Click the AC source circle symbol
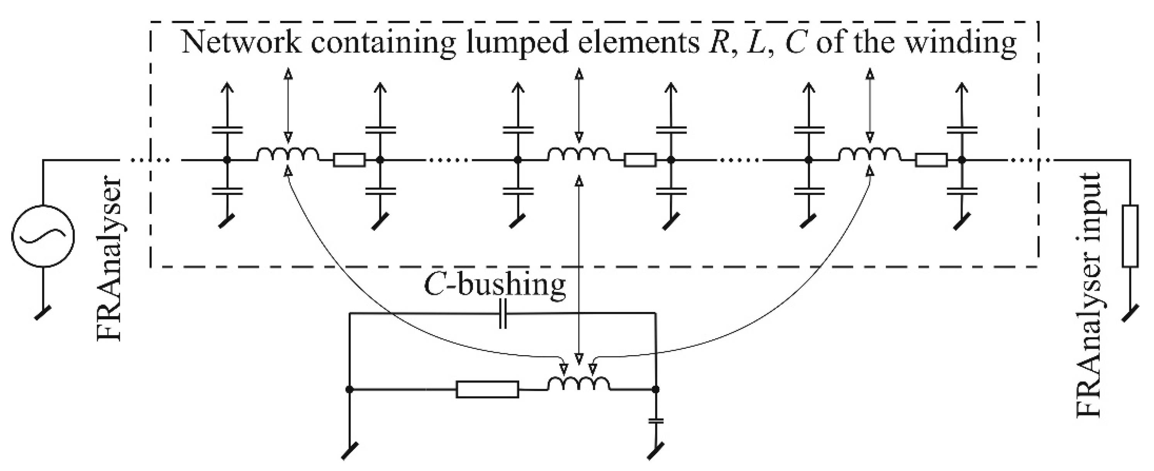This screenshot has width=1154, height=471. [43, 236]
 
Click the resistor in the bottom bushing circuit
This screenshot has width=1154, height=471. [487, 390]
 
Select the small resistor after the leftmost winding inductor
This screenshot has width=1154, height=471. [349, 160]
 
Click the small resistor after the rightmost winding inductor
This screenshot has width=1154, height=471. [931, 160]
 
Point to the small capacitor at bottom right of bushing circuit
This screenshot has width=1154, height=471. [656, 421]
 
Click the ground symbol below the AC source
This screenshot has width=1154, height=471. [42, 313]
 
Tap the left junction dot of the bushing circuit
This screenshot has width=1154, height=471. [349, 390]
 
